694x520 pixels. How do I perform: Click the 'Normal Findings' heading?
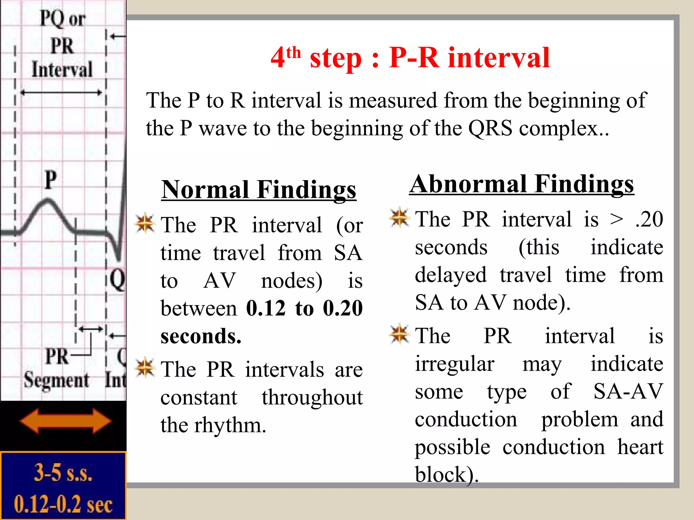259,190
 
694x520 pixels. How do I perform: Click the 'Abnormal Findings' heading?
522,184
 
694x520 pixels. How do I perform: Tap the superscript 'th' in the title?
293,53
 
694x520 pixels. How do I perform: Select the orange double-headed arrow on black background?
65,421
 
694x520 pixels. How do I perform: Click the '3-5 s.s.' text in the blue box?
63,473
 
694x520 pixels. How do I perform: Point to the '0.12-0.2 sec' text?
63,504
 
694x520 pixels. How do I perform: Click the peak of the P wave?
48,201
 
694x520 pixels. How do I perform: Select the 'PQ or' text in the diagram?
62,19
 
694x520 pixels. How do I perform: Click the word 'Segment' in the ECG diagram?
56,380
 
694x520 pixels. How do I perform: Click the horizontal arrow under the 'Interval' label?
61,92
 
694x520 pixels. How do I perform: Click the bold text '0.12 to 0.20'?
304,308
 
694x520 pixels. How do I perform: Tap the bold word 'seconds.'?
201,336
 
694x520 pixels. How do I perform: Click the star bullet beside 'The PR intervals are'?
145,368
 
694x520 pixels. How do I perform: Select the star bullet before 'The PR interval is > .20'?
400,217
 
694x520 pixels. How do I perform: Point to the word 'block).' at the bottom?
446,474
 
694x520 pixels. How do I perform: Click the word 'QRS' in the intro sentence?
490,129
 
